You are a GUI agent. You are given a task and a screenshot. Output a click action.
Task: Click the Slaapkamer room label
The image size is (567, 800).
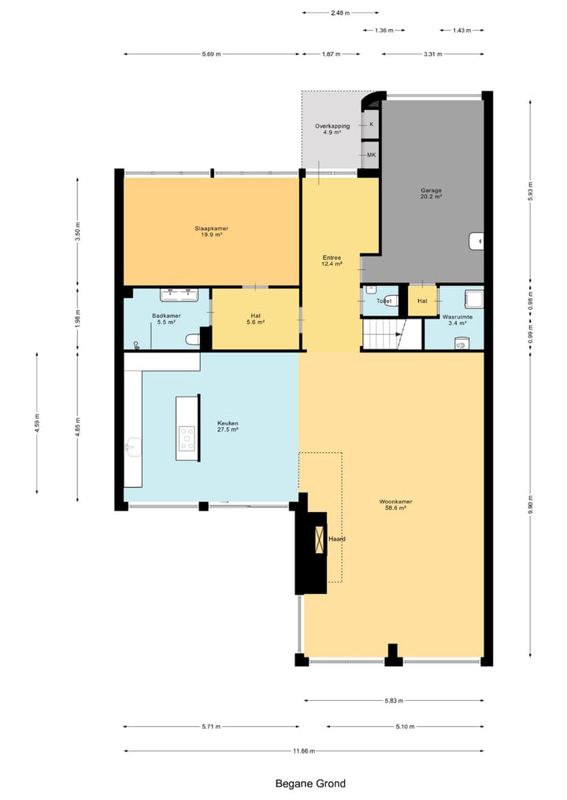tap(212, 231)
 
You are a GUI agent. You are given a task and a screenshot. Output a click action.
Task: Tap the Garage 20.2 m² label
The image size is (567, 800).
tap(431, 194)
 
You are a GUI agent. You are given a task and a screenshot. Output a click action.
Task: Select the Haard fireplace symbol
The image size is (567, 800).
tap(319, 540)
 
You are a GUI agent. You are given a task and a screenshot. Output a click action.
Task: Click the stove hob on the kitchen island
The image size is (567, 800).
tap(187, 438)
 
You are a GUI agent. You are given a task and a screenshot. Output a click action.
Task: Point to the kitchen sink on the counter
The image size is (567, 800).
tap(132, 447)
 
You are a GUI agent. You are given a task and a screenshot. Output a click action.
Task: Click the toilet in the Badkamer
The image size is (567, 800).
tap(191, 339)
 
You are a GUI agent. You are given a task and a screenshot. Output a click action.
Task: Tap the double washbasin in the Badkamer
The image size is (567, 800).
tap(178, 295)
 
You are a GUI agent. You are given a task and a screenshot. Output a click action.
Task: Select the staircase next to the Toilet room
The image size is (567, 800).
tap(384, 334)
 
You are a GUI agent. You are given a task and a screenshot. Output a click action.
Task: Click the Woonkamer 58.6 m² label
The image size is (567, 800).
tap(395, 504)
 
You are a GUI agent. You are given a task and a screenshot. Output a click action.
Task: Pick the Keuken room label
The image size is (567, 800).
tap(228, 426)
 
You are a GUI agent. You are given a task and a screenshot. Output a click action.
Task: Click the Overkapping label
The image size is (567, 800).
tap(332, 129)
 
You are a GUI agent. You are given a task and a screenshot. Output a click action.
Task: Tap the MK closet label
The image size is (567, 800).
tap(371, 155)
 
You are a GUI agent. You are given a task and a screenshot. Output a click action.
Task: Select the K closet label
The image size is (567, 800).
tap(371, 124)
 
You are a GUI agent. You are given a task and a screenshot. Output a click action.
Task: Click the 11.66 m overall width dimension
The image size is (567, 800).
tap(303, 751)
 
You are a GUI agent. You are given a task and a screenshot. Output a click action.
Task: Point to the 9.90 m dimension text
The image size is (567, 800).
tap(530, 506)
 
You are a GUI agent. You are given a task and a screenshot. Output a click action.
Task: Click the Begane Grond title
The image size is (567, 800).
tap(310, 783)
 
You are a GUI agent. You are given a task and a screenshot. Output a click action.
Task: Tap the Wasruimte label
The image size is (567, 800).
tap(457, 319)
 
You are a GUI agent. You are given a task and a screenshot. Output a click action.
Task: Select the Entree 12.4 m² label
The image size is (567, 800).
tap(332, 261)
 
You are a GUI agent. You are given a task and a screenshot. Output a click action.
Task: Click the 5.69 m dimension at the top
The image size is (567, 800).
tap(211, 54)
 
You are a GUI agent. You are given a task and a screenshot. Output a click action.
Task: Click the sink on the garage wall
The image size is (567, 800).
tap(476, 241)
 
